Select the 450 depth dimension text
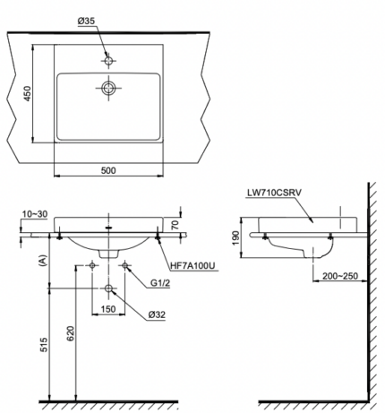tap(26, 93)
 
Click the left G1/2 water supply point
tap(93, 266)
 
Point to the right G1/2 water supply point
tap(126, 266)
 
